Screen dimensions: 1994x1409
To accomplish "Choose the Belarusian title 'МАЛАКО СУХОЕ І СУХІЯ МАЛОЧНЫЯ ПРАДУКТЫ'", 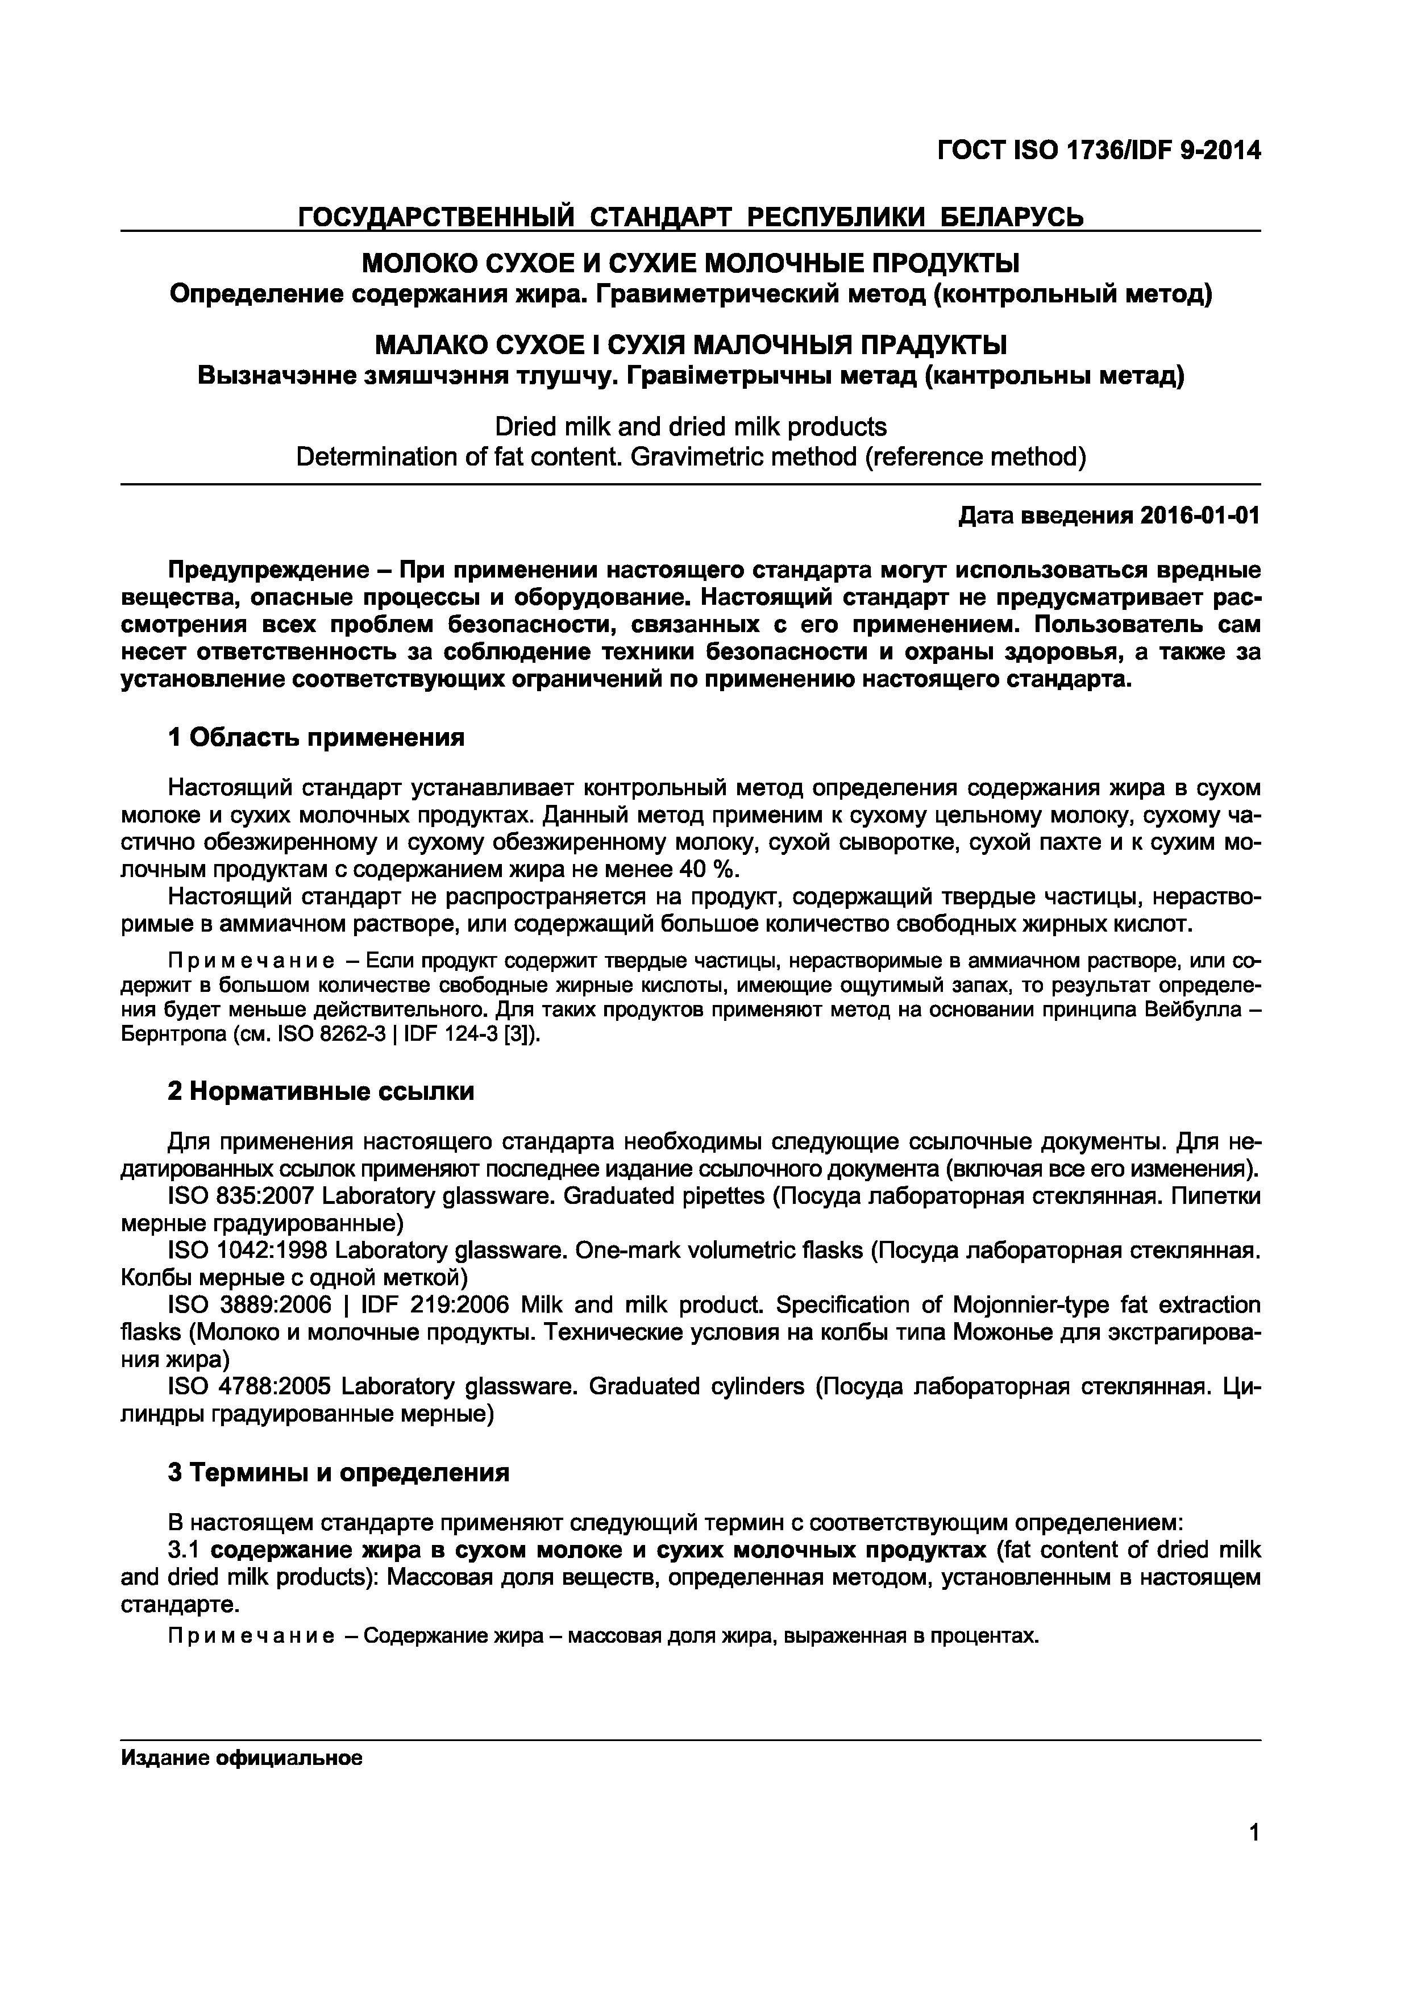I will pyautogui.click(x=690, y=346).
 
